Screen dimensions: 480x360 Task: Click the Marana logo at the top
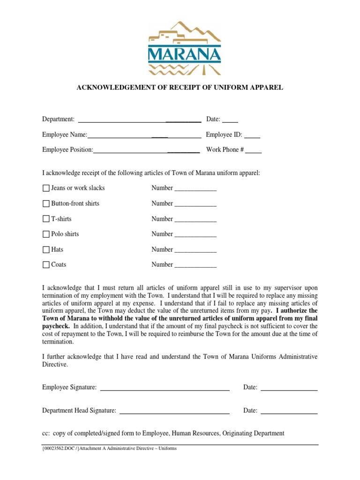pos(184,48)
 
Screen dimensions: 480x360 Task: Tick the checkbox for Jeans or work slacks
pos(46,188)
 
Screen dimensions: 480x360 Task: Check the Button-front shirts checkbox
pos(46,203)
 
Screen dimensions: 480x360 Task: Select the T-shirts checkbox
pos(46,219)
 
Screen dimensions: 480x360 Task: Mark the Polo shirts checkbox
pos(46,234)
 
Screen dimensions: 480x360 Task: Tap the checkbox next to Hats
pos(46,249)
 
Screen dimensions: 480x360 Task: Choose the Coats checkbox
pos(46,265)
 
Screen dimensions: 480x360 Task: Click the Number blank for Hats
pos(195,251)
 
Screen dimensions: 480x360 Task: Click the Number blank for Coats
pos(195,266)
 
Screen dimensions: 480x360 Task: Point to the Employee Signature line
pos(165,389)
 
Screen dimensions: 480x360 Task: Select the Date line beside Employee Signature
pos(289,389)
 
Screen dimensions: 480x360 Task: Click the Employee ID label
pos(224,135)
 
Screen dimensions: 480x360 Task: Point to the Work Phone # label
pos(225,150)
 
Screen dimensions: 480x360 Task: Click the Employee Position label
pos(67,150)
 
